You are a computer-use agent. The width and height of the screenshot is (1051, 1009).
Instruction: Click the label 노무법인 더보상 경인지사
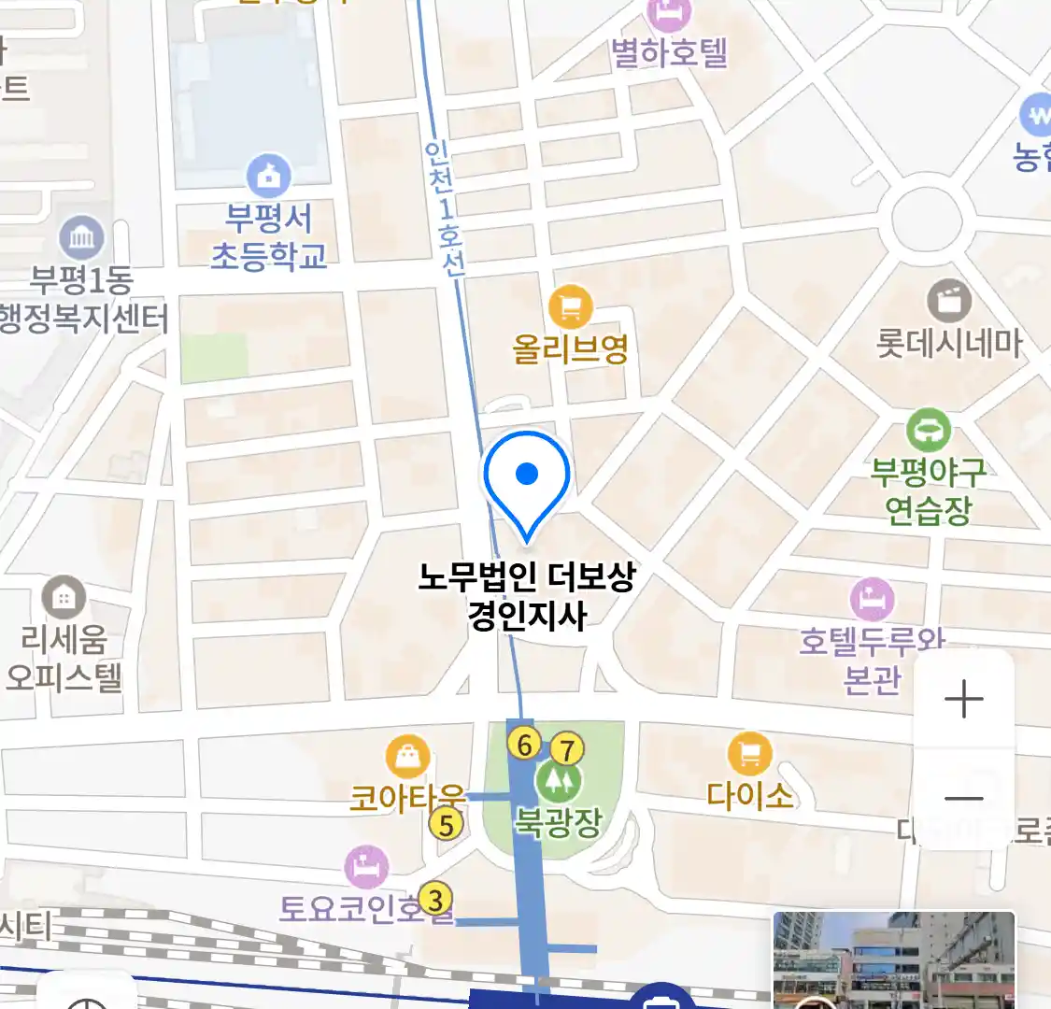pyautogui.click(x=527, y=596)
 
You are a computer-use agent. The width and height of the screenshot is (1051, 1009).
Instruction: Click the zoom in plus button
pyautogui.click(x=963, y=700)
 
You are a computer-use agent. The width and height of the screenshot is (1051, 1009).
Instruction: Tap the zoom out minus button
pyautogui.click(x=963, y=798)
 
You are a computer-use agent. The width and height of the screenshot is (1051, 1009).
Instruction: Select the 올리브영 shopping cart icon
pyautogui.click(x=570, y=306)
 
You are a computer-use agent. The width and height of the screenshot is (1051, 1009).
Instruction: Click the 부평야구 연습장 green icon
pyautogui.click(x=928, y=431)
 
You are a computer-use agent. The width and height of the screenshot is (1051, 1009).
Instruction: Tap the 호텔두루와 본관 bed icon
pyautogui.click(x=872, y=598)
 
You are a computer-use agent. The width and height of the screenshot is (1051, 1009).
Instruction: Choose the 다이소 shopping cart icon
pyautogui.click(x=749, y=753)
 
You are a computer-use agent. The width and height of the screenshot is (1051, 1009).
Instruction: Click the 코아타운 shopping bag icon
pyautogui.click(x=408, y=758)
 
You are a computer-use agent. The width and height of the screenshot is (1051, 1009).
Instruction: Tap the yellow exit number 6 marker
pyautogui.click(x=525, y=745)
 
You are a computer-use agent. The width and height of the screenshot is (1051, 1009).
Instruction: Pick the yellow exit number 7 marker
pyautogui.click(x=566, y=748)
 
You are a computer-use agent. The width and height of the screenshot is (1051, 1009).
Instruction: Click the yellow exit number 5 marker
pyautogui.click(x=447, y=825)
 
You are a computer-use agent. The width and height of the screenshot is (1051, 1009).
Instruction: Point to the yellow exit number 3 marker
pyautogui.click(x=434, y=899)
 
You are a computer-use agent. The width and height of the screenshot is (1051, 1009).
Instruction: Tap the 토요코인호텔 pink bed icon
pyautogui.click(x=366, y=867)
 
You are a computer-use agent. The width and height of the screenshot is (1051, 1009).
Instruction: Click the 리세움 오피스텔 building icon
pyautogui.click(x=64, y=597)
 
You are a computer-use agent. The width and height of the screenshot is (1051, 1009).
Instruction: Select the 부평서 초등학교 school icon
pyautogui.click(x=268, y=176)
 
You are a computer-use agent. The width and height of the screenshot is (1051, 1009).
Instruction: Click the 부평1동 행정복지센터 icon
pyautogui.click(x=81, y=237)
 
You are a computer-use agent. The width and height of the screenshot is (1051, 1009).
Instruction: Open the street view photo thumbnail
pyautogui.click(x=893, y=959)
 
